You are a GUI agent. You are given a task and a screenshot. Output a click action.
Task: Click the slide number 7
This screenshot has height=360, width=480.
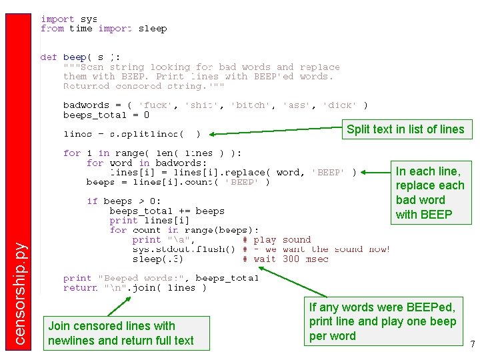pyautogui.click(x=472, y=345)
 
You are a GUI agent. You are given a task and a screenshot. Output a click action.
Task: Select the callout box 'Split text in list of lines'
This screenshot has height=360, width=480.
pyautogui.click(x=405, y=129)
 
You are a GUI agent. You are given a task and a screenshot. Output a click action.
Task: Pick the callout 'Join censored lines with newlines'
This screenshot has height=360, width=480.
pyautogui.click(x=121, y=333)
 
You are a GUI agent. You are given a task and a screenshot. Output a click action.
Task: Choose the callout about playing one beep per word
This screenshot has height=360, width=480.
pyautogui.click(x=383, y=321)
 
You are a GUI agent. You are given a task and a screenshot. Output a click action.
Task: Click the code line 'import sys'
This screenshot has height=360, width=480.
pyautogui.click(x=69, y=19)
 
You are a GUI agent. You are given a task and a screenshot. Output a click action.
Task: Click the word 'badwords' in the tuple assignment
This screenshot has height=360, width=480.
pyautogui.click(x=86, y=105)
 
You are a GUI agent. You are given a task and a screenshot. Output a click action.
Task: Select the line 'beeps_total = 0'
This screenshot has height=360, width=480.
pyautogui.click(x=106, y=115)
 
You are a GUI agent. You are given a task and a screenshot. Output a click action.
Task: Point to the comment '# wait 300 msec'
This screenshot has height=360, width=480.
pyautogui.click(x=285, y=259)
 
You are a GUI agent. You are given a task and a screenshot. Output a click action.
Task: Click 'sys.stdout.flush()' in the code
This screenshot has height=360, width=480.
pyautogui.click(x=183, y=249)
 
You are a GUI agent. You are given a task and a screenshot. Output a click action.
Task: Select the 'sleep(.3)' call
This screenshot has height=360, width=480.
pyautogui.click(x=157, y=259)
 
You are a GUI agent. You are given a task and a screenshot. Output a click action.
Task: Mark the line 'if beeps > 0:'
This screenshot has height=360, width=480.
pyautogui.click(x=123, y=201)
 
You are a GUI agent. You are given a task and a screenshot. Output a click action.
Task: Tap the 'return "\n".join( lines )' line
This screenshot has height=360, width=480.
pyautogui.click(x=134, y=288)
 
